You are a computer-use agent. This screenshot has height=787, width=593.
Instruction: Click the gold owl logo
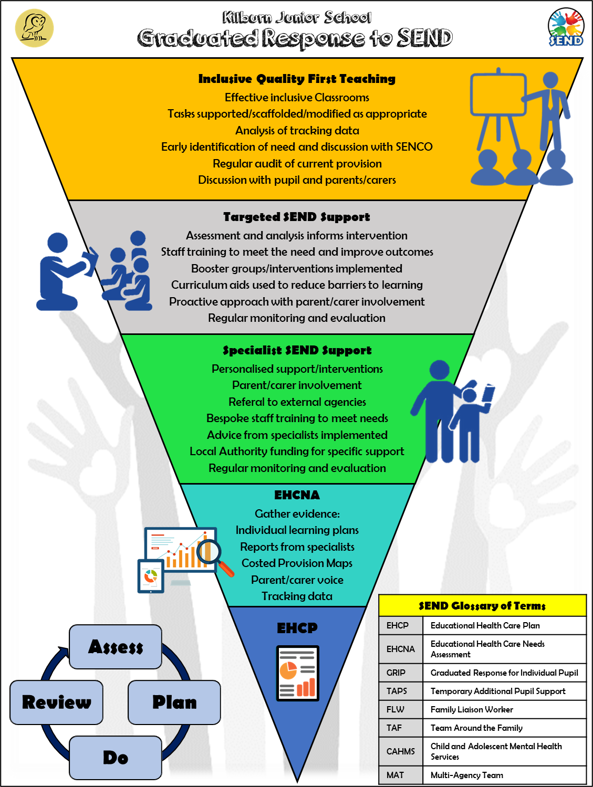pos(34,28)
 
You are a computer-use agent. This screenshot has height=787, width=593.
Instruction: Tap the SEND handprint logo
pos(566,28)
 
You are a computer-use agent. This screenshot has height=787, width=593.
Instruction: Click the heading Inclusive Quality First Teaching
pos(297,79)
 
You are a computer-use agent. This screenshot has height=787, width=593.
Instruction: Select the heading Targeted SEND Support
pos(296,217)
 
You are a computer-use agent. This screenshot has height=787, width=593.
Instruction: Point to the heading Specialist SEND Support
pos(297,350)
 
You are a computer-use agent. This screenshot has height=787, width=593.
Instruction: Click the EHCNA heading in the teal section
pos(297,495)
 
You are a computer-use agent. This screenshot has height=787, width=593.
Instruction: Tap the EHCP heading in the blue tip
pos(297,628)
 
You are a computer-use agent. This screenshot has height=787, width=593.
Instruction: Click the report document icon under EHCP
pos(297,673)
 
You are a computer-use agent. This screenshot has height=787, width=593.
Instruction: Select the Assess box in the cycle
pos(116,647)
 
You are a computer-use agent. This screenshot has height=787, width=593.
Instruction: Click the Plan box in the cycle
pos(174,702)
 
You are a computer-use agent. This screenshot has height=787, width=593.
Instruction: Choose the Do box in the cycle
pos(116,758)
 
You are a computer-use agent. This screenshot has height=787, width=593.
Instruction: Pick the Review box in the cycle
pos(57,702)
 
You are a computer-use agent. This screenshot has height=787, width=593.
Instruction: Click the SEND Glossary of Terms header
pos(482,606)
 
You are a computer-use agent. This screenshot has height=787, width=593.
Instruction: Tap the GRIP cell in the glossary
pos(396,673)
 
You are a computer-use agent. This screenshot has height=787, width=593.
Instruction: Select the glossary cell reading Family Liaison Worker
pos(472,709)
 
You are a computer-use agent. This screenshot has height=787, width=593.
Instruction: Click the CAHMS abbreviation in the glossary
pos(401,751)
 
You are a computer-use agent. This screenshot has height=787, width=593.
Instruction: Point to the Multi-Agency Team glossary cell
pos(467,775)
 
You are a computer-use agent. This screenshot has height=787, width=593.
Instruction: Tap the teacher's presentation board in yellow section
pos(498,95)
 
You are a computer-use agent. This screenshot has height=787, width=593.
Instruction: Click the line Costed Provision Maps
pos(297,563)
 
